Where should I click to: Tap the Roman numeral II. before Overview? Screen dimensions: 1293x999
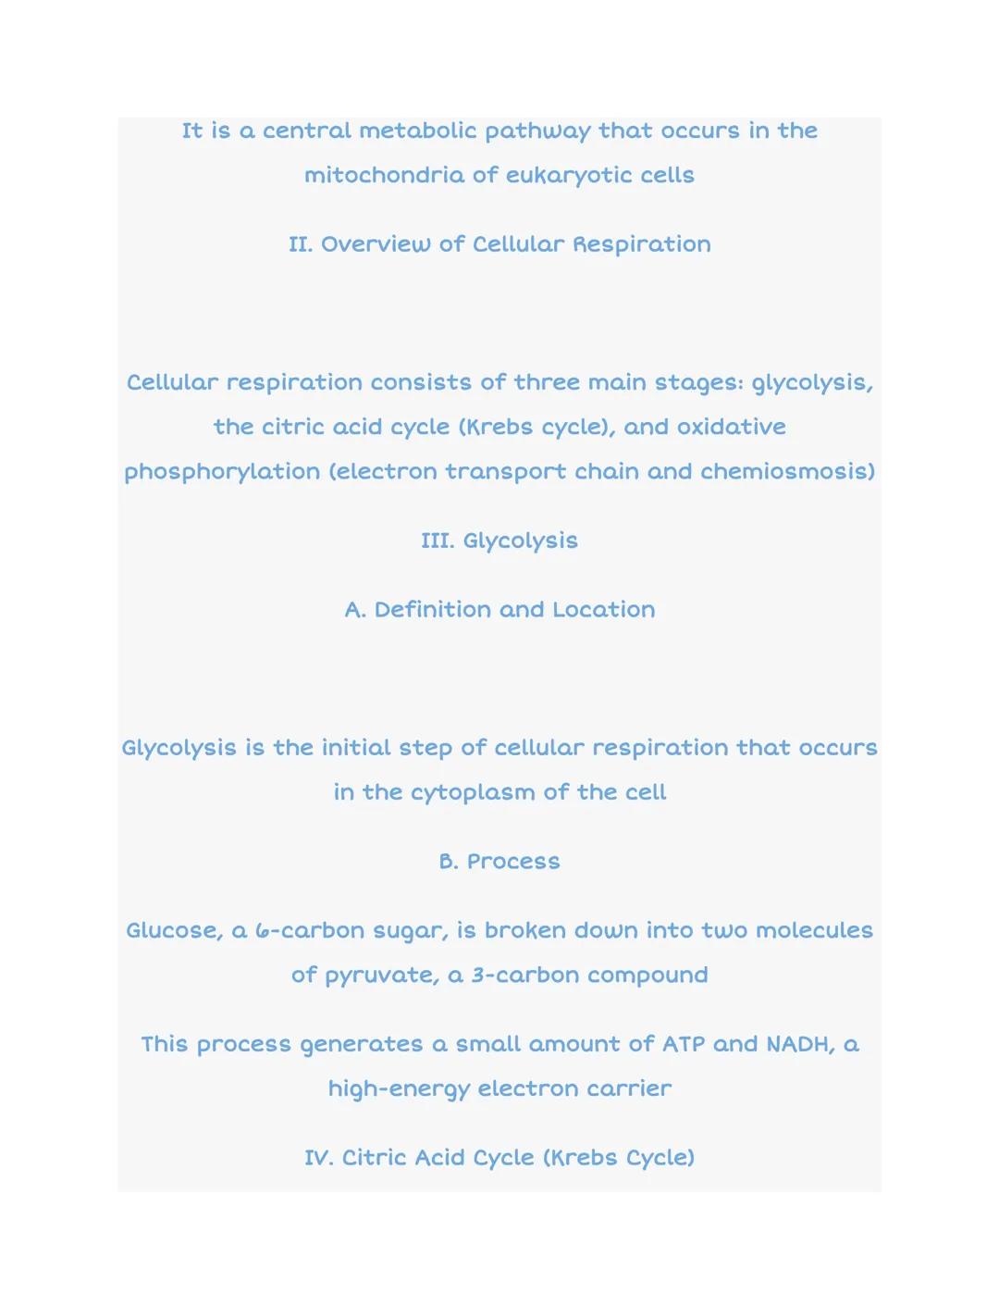tap(301, 244)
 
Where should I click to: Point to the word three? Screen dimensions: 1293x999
tap(548, 382)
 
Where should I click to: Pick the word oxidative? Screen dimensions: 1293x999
tap(731, 427)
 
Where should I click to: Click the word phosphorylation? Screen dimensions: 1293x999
tap(222, 472)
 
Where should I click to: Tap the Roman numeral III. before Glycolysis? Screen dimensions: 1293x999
tap(438, 541)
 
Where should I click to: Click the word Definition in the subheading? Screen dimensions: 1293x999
tap(432, 610)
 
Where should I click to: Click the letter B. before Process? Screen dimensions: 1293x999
tap(449, 862)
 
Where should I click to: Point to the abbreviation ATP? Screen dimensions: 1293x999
tap(683, 1044)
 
